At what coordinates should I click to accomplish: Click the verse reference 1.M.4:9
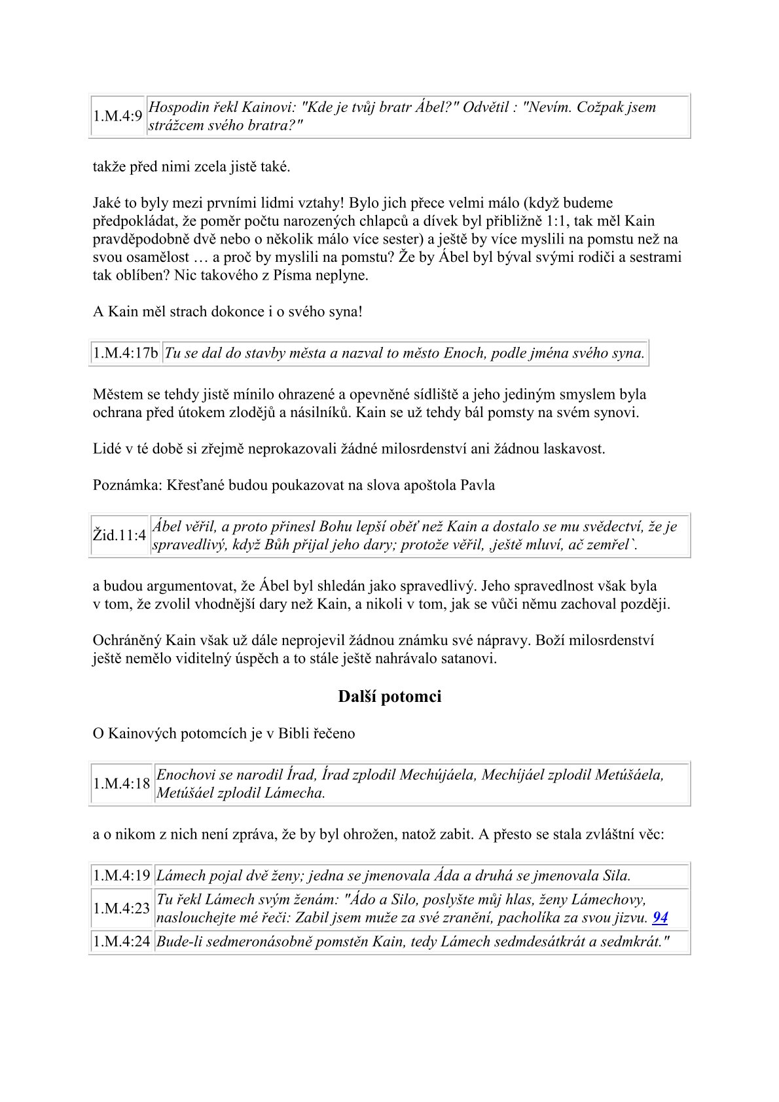(118, 116)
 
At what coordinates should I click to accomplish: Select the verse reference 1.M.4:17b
(125, 354)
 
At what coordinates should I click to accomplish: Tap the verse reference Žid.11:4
(119, 535)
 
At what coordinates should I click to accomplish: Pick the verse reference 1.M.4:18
(121, 784)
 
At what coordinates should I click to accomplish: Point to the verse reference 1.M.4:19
(121, 875)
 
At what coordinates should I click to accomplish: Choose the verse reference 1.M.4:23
(121, 908)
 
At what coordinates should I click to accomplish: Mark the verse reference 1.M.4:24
(121, 943)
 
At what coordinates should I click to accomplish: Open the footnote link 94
(660, 917)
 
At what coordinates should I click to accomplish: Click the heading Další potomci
(389, 697)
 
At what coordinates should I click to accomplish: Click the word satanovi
(468, 658)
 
